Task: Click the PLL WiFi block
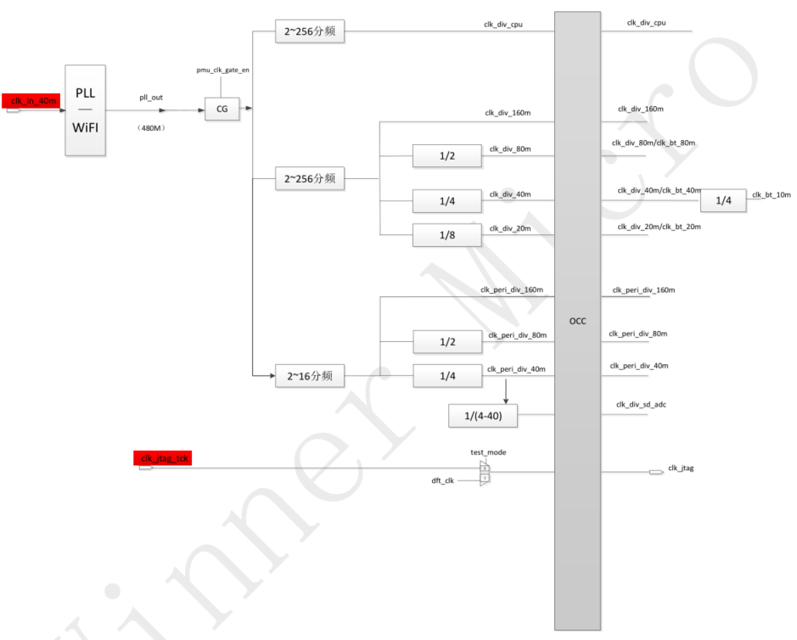[86, 109]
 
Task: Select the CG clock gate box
[222, 109]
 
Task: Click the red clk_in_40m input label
[31, 101]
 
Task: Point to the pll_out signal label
[151, 98]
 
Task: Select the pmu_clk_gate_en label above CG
[222, 70]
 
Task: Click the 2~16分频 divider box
[310, 376]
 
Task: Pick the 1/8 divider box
[446, 235]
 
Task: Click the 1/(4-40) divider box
[482, 417]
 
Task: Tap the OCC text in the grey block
[577, 321]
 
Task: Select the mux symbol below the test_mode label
[485, 473]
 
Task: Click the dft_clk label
[443, 481]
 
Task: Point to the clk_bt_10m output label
[771, 194]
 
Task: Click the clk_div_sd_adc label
[641, 404]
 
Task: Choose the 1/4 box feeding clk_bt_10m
[723, 201]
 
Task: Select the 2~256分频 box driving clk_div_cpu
[310, 33]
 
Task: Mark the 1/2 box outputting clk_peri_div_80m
[446, 342]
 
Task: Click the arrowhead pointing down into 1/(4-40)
[506, 400]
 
